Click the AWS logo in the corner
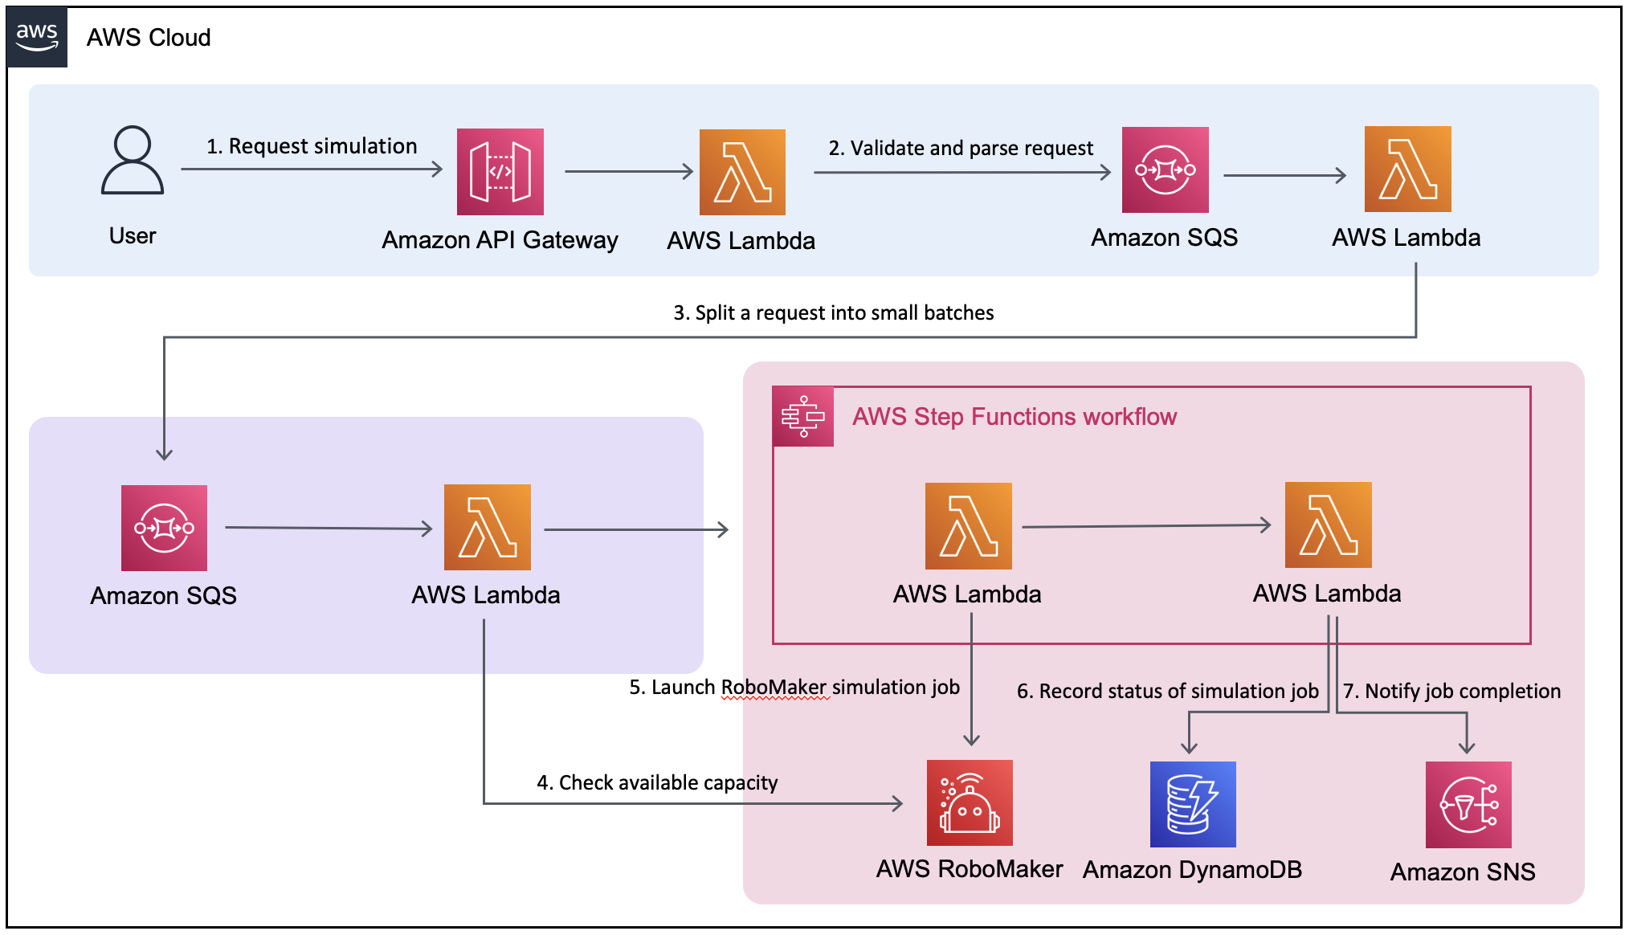pos(37,37)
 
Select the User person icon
pos(133,160)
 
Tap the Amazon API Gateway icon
pos(500,172)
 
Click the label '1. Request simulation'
pos(312,146)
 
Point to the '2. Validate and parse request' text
pos(961,149)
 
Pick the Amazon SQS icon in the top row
pos(1165,170)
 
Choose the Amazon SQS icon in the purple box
pos(164,528)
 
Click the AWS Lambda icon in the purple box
pos(487,528)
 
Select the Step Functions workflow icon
pos(802,416)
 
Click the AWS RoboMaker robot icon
pos(970,803)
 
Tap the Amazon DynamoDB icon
pos(1193,804)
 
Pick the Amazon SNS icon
pos(1468,805)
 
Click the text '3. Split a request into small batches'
pos(833,313)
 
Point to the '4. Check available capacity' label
pos(657,783)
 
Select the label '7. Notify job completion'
pos(1452,692)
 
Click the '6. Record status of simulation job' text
pos(1167,692)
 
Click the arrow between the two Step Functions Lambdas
pos(1146,526)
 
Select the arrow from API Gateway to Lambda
pos(628,171)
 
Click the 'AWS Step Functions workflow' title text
pos(1014,417)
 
